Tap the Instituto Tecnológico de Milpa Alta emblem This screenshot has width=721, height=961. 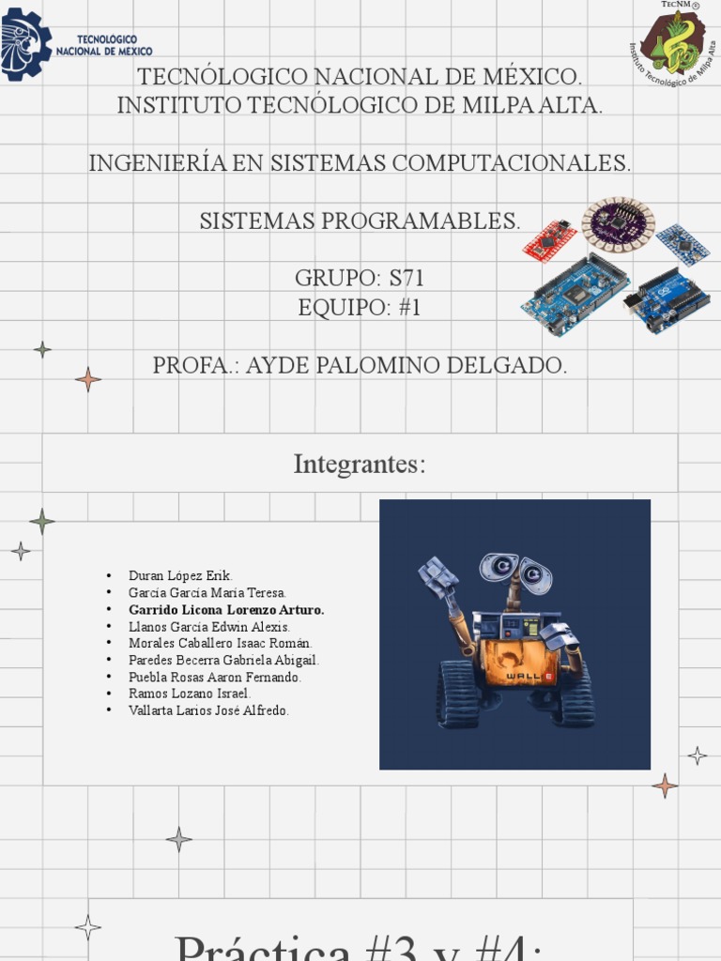(x=672, y=45)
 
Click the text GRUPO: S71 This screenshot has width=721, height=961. (x=360, y=279)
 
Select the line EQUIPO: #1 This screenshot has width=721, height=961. (x=360, y=308)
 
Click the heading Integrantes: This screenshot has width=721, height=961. (x=360, y=465)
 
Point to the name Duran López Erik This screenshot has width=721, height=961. (x=180, y=575)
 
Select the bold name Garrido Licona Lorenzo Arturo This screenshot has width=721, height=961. (x=226, y=609)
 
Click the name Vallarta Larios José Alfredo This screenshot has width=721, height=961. (x=208, y=710)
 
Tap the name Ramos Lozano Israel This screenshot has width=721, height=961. (x=190, y=694)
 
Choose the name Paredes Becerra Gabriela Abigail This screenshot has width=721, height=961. (x=223, y=660)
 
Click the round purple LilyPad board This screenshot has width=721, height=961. (x=618, y=223)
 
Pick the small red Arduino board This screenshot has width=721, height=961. (x=549, y=241)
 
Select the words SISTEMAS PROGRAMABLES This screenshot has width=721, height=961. (x=360, y=221)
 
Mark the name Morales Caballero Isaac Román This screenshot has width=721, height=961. (x=220, y=643)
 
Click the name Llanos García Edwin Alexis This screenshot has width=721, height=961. (x=209, y=626)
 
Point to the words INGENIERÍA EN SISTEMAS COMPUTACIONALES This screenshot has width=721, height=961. (x=360, y=163)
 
